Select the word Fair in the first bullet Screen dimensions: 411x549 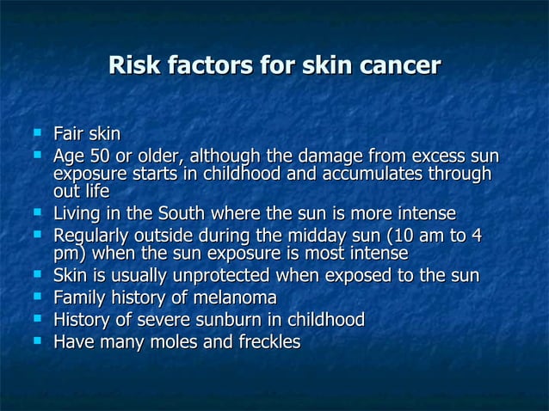click(68, 134)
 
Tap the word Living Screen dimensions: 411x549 click(78, 212)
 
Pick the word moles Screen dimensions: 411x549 click(169, 342)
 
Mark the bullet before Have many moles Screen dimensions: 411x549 click(36, 341)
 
